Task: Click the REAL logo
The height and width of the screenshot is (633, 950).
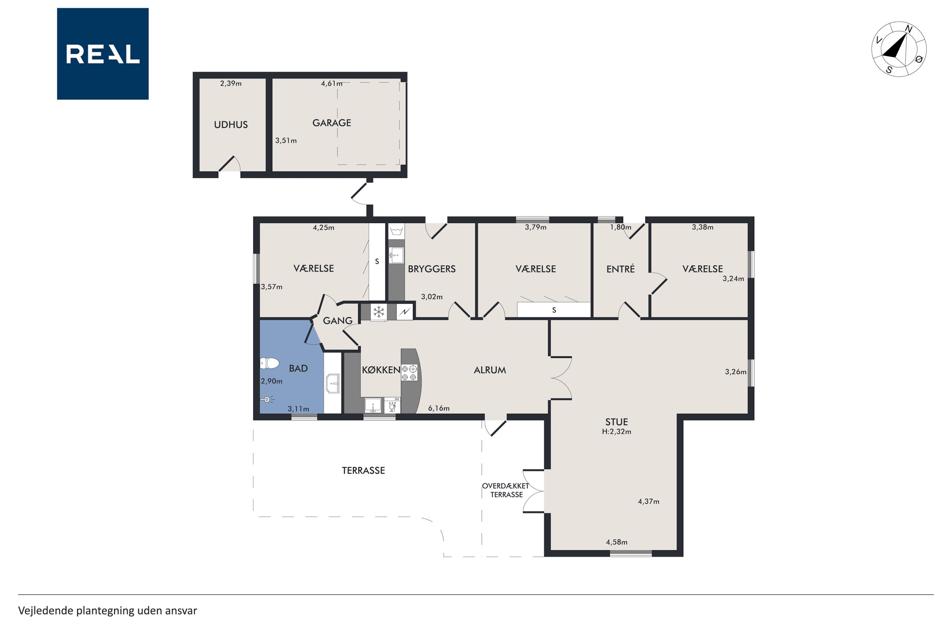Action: [x=103, y=54]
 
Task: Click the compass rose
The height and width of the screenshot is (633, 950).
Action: [x=899, y=49]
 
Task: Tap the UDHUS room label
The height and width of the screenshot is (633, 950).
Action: [x=231, y=125]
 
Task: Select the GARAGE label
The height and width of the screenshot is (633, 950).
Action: [x=332, y=123]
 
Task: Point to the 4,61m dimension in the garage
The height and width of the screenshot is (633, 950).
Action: [x=331, y=84]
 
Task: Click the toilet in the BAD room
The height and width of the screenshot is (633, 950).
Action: [x=269, y=363]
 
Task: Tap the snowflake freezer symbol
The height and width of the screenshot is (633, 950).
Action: [x=379, y=312]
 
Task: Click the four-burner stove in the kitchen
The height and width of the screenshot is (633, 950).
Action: [x=409, y=373]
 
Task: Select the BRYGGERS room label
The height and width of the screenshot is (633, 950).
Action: [x=432, y=269]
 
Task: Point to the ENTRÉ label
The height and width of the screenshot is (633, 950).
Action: [x=620, y=269]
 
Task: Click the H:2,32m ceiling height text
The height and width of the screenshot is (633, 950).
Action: [x=616, y=431]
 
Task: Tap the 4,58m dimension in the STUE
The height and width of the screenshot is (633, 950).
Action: [x=616, y=542]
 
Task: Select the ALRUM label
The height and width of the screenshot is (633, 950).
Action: [x=490, y=370]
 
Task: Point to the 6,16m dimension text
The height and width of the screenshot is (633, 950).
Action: [x=439, y=408]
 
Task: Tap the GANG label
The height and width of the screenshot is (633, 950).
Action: [x=338, y=321]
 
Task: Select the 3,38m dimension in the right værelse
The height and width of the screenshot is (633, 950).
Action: [x=703, y=227]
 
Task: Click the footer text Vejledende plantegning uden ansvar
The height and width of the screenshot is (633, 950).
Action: [x=107, y=611]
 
